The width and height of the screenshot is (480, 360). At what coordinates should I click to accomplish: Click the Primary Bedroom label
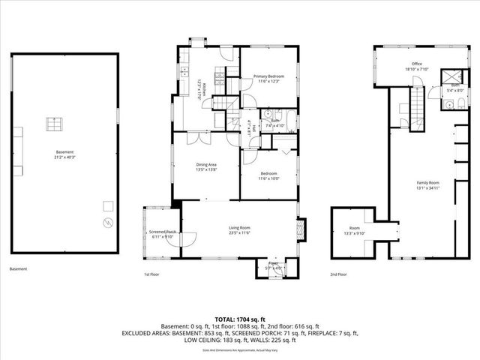(x=268, y=76)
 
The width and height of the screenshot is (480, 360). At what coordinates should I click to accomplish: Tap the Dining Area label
(x=206, y=163)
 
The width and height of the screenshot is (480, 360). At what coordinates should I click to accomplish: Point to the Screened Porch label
(x=162, y=232)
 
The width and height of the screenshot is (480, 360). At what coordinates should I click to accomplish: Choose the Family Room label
(x=428, y=183)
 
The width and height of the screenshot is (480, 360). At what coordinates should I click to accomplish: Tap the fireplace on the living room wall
(x=301, y=229)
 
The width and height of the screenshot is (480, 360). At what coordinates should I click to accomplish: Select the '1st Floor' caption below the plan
(x=151, y=274)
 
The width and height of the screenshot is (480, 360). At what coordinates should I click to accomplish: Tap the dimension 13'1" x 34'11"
(x=428, y=188)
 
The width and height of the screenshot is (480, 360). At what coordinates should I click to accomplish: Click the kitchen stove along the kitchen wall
(x=217, y=73)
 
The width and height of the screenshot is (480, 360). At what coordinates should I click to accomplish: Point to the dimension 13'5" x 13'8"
(x=206, y=169)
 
